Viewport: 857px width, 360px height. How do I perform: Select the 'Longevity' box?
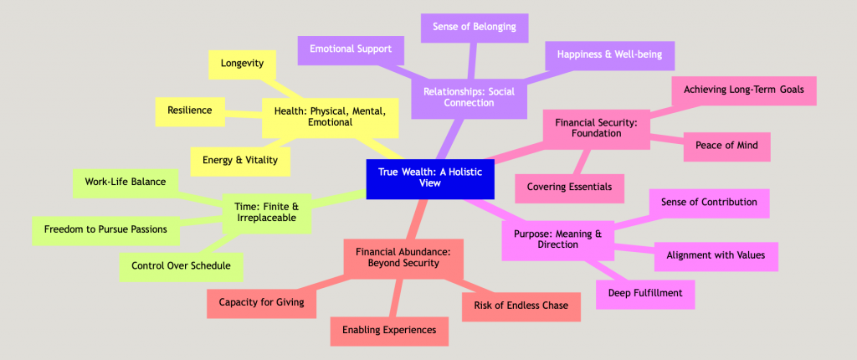(x=243, y=64)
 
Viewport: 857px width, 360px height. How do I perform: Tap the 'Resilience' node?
(x=189, y=110)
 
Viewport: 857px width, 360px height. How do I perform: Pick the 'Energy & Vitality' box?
(x=240, y=160)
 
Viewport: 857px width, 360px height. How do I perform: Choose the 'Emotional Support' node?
(x=351, y=49)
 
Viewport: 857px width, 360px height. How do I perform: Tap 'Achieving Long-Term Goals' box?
(x=744, y=89)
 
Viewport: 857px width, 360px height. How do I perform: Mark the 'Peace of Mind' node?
(x=726, y=146)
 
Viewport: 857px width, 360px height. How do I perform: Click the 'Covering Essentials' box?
(x=569, y=187)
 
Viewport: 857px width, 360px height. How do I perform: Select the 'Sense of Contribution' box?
(x=709, y=202)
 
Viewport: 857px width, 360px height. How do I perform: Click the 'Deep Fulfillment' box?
(x=645, y=293)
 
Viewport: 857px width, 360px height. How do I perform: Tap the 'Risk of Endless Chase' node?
(x=521, y=306)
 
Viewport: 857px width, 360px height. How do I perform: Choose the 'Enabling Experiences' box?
(x=389, y=330)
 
